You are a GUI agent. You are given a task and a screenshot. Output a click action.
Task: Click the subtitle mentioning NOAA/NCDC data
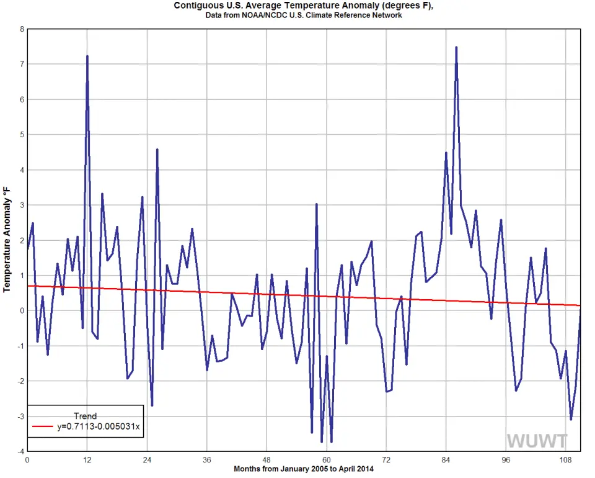(x=304, y=15)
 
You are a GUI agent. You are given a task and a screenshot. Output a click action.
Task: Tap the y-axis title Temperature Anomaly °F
(x=7, y=239)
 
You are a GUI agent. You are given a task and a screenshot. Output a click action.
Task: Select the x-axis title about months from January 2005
(x=304, y=469)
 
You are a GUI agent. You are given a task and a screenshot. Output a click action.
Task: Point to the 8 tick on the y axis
(x=22, y=29)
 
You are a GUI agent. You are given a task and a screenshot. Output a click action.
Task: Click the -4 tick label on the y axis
(x=20, y=451)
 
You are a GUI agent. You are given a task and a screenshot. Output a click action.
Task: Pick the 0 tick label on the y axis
(x=22, y=310)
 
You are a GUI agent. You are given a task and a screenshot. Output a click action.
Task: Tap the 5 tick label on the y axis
(x=22, y=135)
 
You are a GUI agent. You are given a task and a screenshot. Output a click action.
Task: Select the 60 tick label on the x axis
(x=326, y=460)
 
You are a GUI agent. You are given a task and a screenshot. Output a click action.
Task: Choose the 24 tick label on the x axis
(x=147, y=460)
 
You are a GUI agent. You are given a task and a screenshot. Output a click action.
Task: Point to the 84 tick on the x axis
(x=446, y=460)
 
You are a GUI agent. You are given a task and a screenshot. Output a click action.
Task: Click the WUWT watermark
(x=537, y=441)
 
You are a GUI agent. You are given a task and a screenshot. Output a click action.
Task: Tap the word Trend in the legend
(x=85, y=416)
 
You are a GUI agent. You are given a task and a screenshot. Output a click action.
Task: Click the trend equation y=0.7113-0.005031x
(x=100, y=426)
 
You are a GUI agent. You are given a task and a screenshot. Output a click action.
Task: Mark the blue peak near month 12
(x=87, y=56)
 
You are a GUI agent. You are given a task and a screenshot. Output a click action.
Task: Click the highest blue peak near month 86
(x=456, y=47)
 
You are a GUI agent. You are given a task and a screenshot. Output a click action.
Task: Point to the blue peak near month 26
(x=157, y=150)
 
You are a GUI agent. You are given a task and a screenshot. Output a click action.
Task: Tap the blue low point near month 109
(x=571, y=419)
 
